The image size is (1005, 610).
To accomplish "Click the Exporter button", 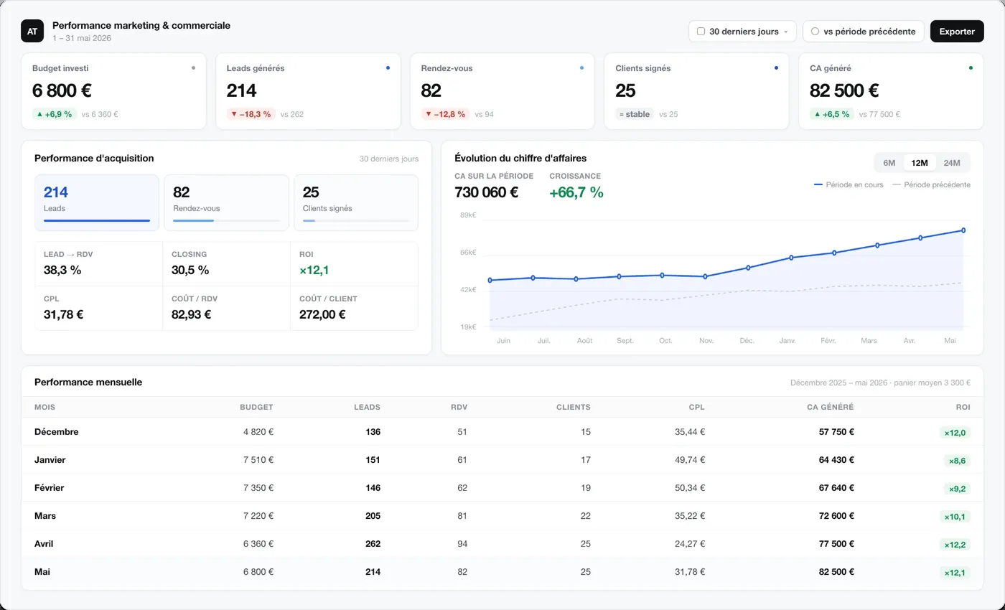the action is pyautogui.click(x=956, y=32).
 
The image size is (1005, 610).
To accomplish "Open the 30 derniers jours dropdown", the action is pyautogui.click(x=742, y=32).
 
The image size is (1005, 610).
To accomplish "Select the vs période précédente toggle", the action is pyautogui.click(x=863, y=32).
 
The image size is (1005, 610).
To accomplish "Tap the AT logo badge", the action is pyautogui.click(x=32, y=31).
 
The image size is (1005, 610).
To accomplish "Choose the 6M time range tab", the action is pyautogui.click(x=889, y=163).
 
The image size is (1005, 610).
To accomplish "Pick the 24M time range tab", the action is pyautogui.click(x=952, y=163).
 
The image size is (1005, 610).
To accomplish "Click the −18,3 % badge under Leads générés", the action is pyautogui.click(x=251, y=114).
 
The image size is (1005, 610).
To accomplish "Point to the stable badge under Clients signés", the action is pyautogui.click(x=634, y=114).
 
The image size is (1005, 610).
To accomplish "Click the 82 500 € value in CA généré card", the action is pyautogui.click(x=844, y=90).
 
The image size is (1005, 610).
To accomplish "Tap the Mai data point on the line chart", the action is pyautogui.click(x=963, y=230).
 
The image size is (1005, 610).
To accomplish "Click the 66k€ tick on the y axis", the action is pyautogui.click(x=468, y=253).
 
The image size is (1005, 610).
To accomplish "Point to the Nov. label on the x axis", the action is pyautogui.click(x=706, y=341).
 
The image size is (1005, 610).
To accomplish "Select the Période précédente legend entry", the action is pyautogui.click(x=932, y=185).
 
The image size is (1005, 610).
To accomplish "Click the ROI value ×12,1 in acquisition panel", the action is pyautogui.click(x=314, y=270).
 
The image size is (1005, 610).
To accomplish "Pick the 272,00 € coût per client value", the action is pyautogui.click(x=322, y=314).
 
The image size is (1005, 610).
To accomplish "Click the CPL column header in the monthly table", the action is pyautogui.click(x=697, y=408).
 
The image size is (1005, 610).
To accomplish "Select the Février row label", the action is pyautogui.click(x=50, y=488).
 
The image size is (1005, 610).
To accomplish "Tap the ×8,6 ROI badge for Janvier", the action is pyautogui.click(x=957, y=461).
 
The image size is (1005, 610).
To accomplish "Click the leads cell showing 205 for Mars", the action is pyautogui.click(x=373, y=516).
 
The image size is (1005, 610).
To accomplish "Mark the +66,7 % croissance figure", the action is pyautogui.click(x=576, y=192).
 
